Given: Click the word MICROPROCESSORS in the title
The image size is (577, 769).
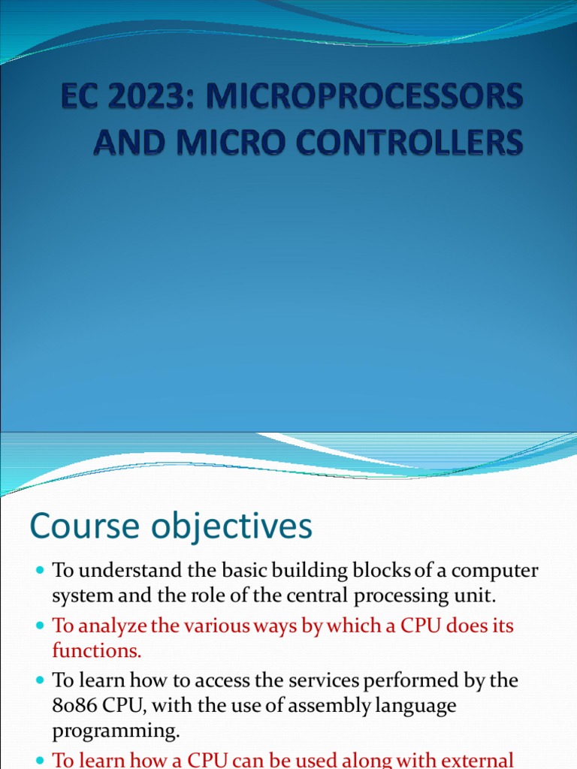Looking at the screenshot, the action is (x=364, y=95).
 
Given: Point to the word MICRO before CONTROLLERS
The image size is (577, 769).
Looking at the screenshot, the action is (x=231, y=142).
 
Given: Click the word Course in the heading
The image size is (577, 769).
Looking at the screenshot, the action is (x=84, y=526).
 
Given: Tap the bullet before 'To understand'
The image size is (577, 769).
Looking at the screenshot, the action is (x=41, y=571).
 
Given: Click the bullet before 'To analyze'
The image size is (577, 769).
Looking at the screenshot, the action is (x=41, y=626).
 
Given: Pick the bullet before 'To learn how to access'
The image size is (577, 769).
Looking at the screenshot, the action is (x=41, y=680).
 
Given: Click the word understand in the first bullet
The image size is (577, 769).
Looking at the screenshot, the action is (x=130, y=571).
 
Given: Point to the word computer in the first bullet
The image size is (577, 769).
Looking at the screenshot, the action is (x=494, y=571).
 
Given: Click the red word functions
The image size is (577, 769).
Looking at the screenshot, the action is (x=97, y=651).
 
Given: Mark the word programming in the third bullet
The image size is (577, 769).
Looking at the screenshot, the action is (x=116, y=731).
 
